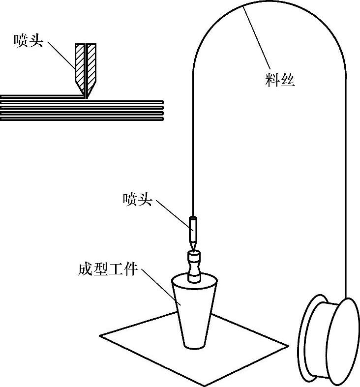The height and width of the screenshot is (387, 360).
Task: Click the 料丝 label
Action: tap(280, 79)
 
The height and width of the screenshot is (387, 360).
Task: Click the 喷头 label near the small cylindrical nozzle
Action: tap(137, 199)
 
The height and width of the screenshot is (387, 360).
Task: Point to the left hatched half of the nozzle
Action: tap(79, 66)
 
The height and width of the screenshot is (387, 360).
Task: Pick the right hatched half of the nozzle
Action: tap(91, 66)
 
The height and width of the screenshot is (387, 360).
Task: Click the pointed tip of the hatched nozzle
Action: tap(87, 96)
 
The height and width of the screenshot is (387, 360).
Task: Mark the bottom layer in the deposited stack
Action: tap(82, 119)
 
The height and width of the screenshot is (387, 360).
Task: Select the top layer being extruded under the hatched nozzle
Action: tap(39, 96)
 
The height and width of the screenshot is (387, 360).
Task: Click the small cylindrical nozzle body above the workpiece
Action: tap(193, 229)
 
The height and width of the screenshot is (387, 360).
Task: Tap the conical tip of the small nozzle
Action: tap(193, 245)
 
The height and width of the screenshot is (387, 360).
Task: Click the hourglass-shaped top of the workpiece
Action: tap(194, 268)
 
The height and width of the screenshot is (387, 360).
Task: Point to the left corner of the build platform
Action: tap(101, 336)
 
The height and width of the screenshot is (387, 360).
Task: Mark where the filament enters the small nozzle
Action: tap(193, 217)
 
